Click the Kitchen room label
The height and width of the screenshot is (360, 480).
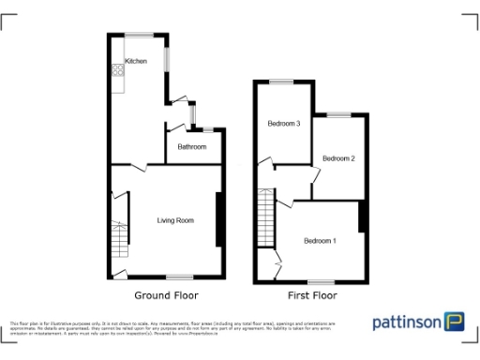coord(136,61)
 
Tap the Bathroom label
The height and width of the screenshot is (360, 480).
coord(191,146)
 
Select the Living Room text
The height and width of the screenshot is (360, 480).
coord(175,220)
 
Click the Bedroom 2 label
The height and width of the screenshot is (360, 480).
coord(338,158)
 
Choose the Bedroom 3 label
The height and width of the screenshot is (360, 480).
coord(283,124)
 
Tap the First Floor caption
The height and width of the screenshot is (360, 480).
coord(311,294)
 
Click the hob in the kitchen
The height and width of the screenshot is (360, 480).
coord(118,67)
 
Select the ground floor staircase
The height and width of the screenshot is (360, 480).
coord(119,242)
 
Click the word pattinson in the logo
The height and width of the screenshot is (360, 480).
coord(407,322)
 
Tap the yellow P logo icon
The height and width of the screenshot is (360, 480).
coord(457,322)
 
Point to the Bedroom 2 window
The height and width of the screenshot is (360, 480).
coord(338,114)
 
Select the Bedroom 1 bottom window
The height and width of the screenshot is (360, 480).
coord(322,281)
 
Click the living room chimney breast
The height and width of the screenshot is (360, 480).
coord(217,219)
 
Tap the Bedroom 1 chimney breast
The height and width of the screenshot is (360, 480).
coord(360,216)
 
